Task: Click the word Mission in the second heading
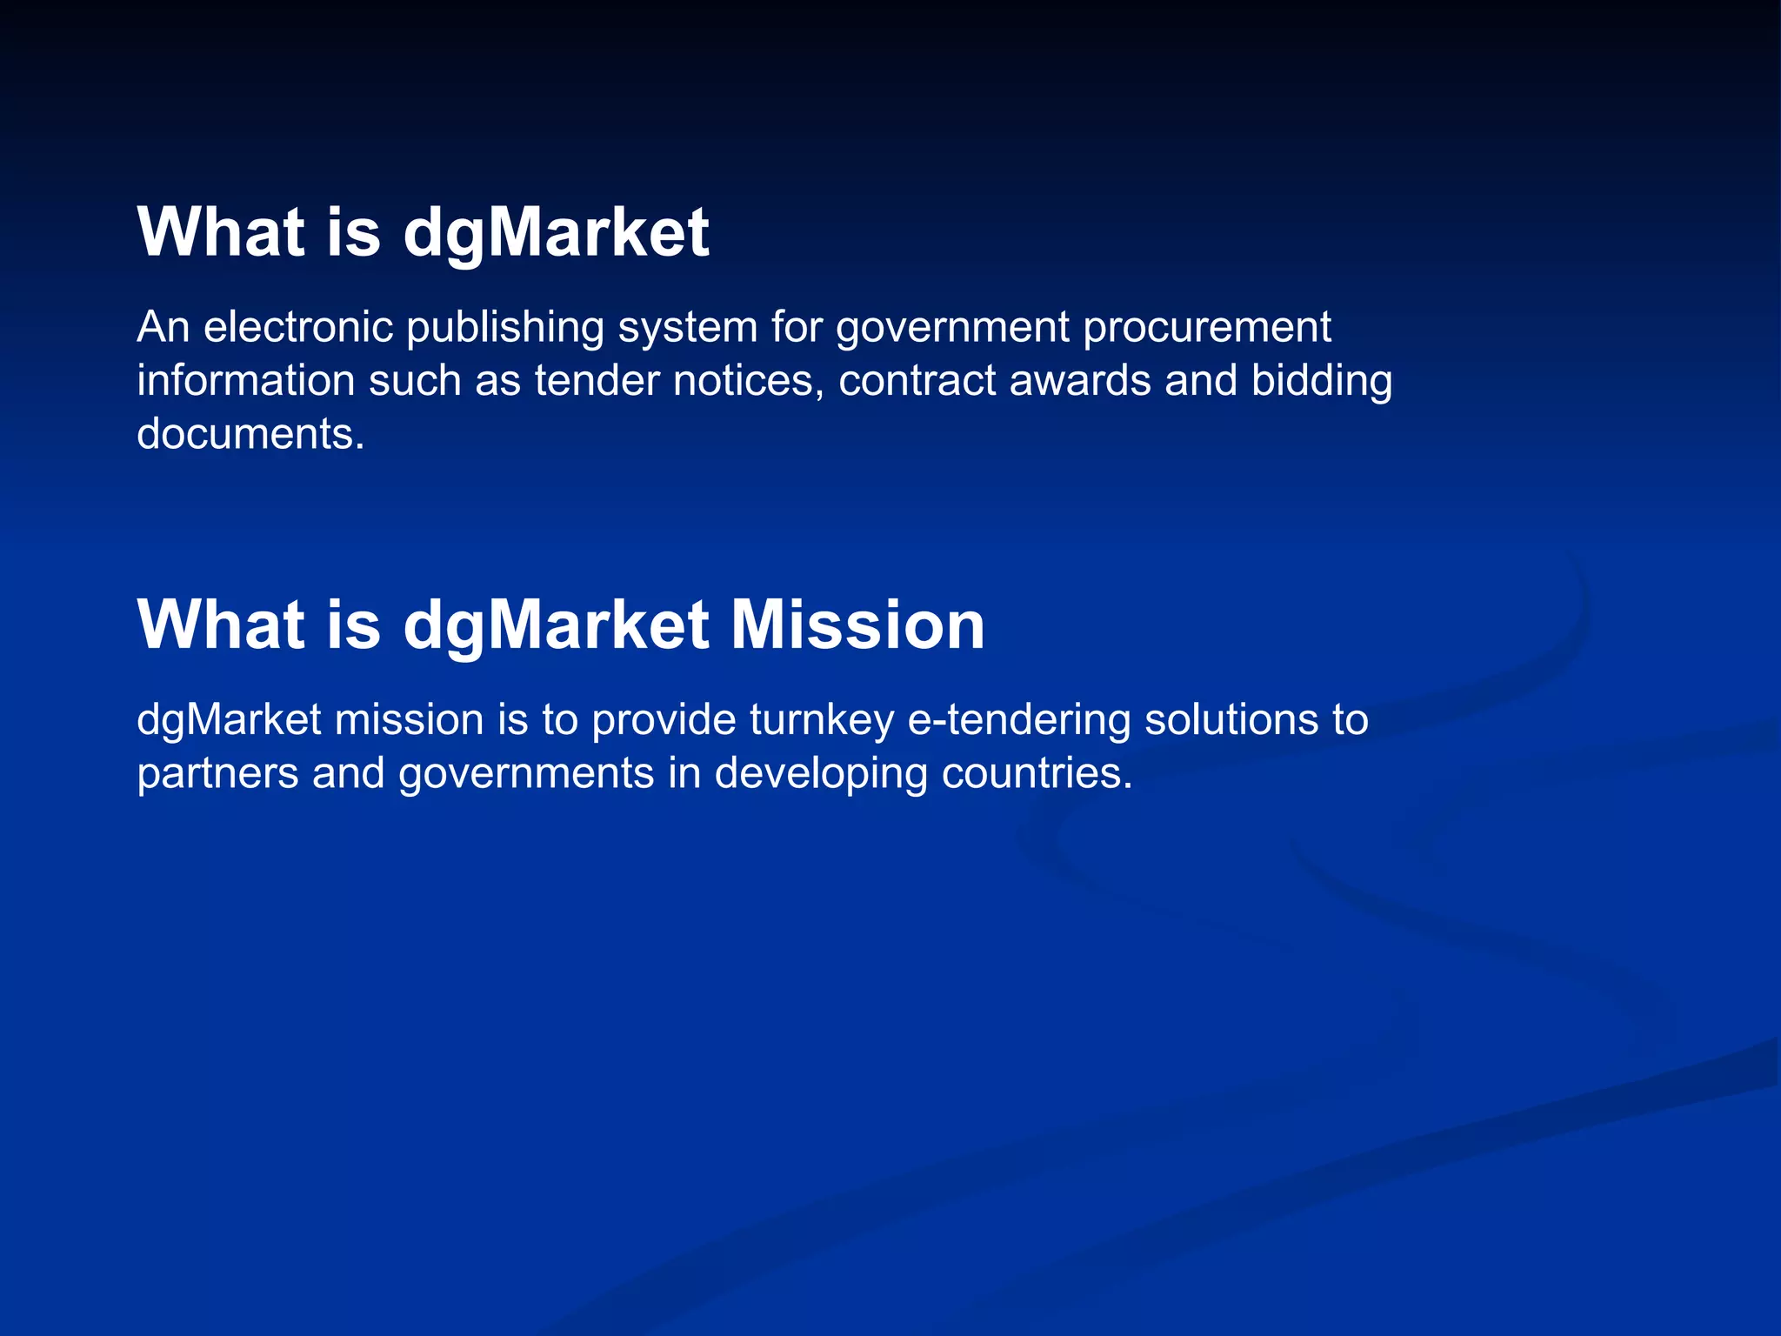(x=857, y=625)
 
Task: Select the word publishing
(x=505, y=329)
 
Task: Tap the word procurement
(x=1207, y=329)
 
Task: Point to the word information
(x=245, y=381)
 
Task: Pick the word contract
(x=917, y=381)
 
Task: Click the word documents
(x=250, y=434)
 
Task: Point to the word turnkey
(x=821, y=721)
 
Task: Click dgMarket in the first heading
(x=557, y=233)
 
